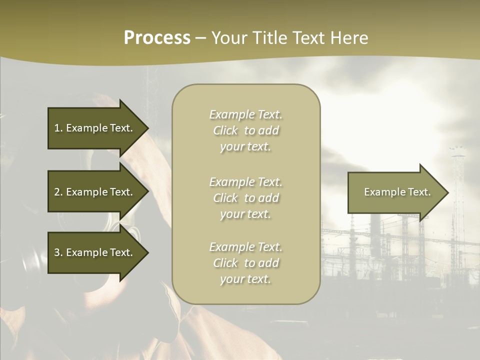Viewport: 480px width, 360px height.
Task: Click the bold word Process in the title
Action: tap(157, 38)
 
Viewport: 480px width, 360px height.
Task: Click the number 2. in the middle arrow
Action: tap(58, 192)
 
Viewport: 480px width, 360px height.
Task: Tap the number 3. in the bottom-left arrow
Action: tap(58, 252)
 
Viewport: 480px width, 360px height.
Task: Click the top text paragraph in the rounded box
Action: tap(245, 130)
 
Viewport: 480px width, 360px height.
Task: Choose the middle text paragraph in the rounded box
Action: tap(245, 198)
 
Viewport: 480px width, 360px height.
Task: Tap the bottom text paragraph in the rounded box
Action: tap(245, 263)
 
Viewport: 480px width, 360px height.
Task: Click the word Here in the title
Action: tap(349, 38)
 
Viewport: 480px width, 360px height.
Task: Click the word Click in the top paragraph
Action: tap(225, 130)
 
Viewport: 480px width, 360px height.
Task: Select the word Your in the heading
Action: tap(228, 38)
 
